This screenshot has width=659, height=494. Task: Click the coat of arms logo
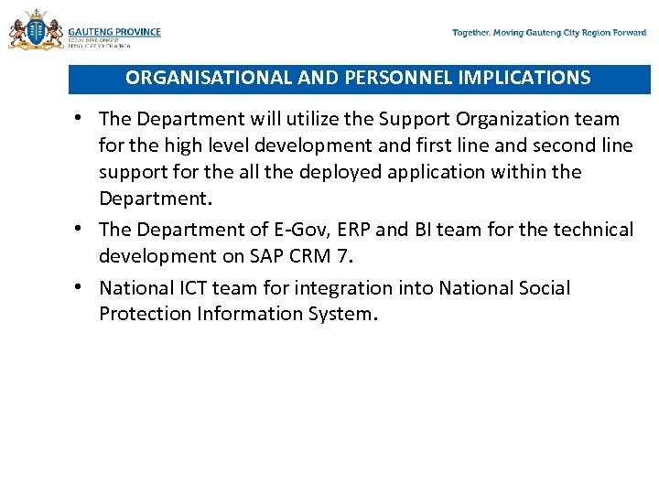(36, 31)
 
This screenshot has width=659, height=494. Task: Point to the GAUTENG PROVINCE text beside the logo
(114, 32)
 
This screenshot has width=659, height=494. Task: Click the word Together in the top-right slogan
(470, 33)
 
